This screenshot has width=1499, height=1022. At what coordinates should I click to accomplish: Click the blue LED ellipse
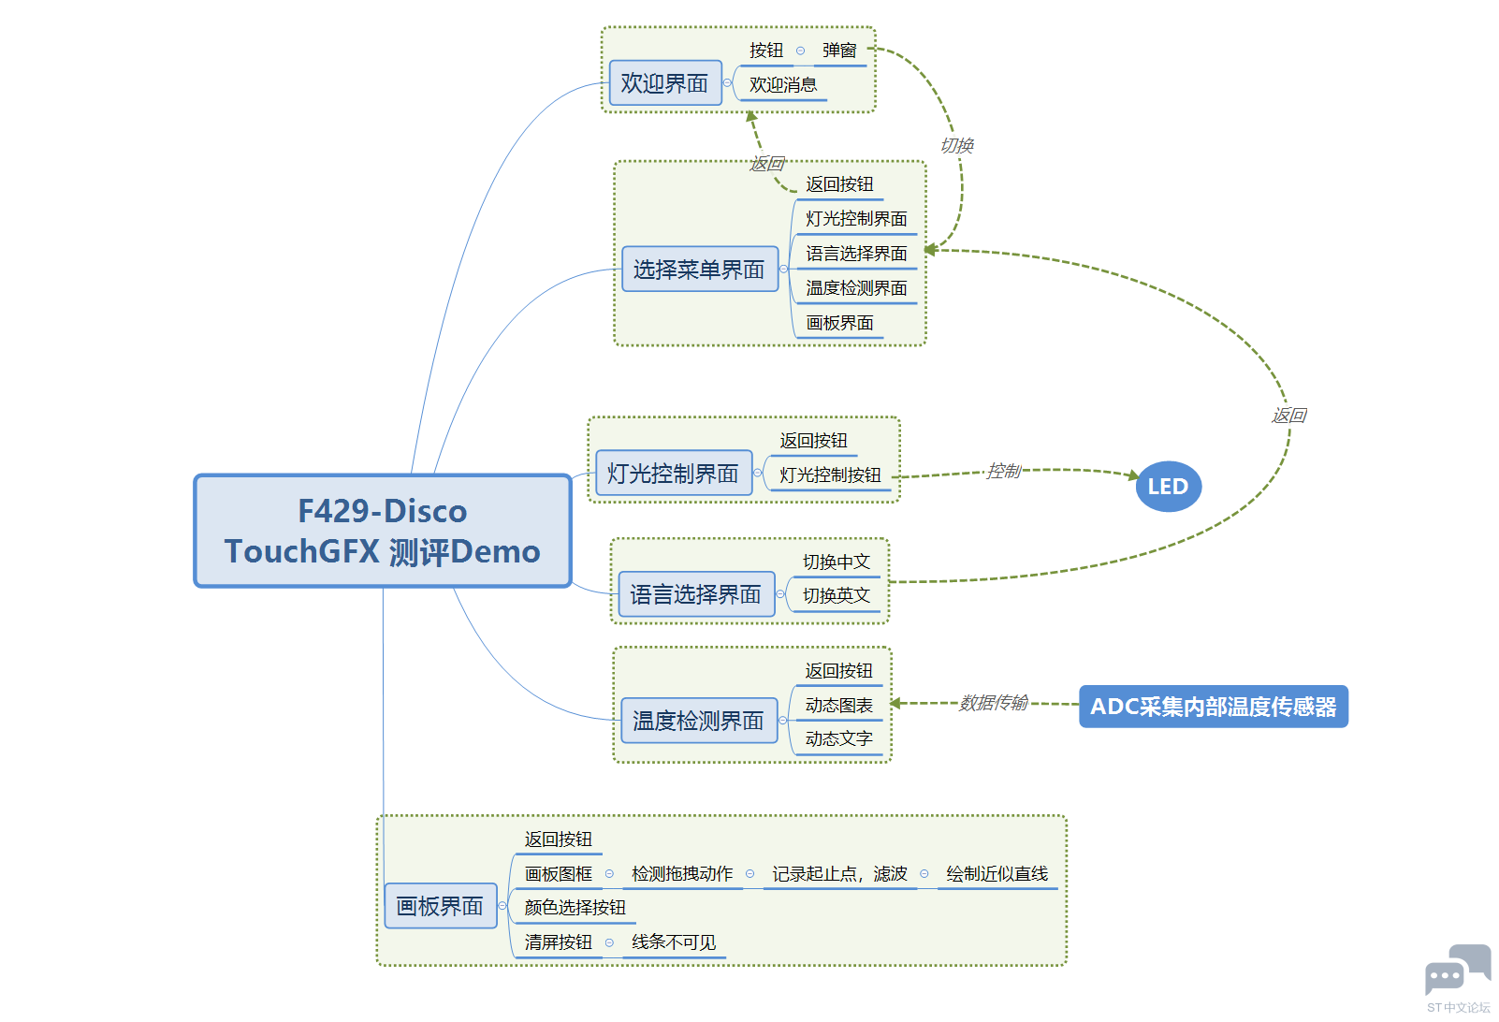click(x=1168, y=487)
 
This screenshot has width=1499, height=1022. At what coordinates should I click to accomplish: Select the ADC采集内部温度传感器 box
click(x=1213, y=707)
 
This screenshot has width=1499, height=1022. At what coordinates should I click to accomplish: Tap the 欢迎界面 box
click(x=664, y=83)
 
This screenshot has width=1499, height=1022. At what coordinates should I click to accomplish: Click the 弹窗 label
click(x=839, y=51)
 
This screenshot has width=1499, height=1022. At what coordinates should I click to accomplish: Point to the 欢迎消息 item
click(x=782, y=85)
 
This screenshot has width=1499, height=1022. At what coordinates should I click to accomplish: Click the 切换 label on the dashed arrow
click(x=956, y=145)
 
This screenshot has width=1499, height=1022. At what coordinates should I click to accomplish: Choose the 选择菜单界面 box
click(x=699, y=270)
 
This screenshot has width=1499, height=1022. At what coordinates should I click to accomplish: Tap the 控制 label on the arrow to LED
click(x=1003, y=471)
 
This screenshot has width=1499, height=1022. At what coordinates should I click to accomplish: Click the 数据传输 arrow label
click(x=994, y=702)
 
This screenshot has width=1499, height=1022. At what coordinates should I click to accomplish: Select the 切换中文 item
click(x=836, y=562)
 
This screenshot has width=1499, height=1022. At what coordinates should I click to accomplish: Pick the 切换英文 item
click(x=836, y=596)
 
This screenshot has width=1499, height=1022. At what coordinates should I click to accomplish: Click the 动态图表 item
click(x=838, y=706)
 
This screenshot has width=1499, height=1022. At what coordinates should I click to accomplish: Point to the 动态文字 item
click(x=838, y=739)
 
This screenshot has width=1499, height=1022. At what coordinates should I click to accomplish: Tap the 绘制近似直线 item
click(x=997, y=874)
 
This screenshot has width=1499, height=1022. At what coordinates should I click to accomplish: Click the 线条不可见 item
click(x=674, y=942)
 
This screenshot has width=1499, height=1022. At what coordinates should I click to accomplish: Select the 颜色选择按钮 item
click(x=575, y=908)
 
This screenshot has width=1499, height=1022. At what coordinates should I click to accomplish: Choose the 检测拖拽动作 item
click(x=682, y=874)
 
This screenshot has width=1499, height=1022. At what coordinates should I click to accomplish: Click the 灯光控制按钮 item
click(x=830, y=475)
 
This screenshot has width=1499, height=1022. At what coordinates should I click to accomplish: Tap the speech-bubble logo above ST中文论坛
click(x=1457, y=970)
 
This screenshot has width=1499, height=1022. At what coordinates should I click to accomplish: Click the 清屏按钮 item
click(x=558, y=942)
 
